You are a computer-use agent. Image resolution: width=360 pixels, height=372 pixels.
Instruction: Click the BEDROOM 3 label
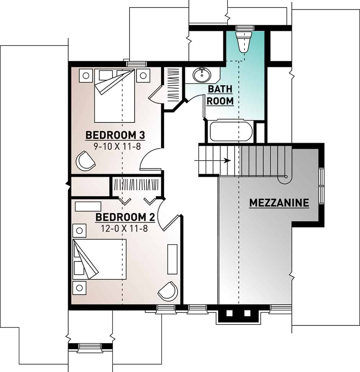pyautogui.click(x=115, y=135)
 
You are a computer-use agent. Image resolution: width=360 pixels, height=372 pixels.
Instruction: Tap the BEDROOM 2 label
pyautogui.click(x=125, y=217)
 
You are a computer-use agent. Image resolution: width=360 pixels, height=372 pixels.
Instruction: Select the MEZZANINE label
pyautogui.click(x=279, y=203)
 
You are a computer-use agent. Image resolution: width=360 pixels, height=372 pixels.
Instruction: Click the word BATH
pyautogui.click(x=220, y=89)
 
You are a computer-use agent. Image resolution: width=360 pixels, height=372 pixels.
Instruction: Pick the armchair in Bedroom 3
pyautogui.click(x=85, y=160)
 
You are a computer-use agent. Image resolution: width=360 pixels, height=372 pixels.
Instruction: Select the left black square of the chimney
pyautogui.click(x=229, y=313)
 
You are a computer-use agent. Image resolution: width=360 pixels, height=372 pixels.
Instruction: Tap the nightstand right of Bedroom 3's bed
pyautogui.click(x=143, y=75)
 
